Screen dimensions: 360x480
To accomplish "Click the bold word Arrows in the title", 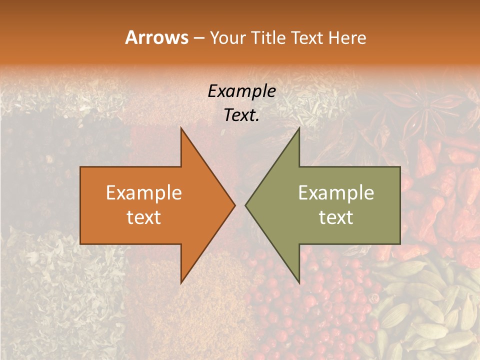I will click(156, 37).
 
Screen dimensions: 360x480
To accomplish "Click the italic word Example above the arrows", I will click(241, 91).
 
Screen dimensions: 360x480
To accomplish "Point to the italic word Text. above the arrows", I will click(241, 115).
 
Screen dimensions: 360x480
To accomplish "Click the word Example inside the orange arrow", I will click(144, 193).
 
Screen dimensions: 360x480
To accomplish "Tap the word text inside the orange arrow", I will click(144, 217).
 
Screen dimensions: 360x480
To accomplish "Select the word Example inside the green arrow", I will click(336, 193).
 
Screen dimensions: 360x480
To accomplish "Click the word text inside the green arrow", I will click(336, 217).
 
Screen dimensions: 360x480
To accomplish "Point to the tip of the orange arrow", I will click(234, 205).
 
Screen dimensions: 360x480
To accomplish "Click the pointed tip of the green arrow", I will click(246, 205).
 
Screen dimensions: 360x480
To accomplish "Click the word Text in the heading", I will click(307, 37).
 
